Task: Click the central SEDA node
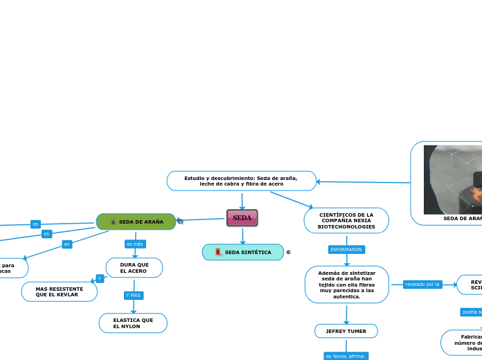(x=242, y=218)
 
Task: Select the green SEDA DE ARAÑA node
(x=136, y=222)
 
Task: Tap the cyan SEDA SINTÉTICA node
(x=243, y=252)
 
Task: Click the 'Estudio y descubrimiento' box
(x=241, y=181)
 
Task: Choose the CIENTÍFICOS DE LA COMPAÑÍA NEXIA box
(x=346, y=221)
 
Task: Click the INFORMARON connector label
(x=346, y=249)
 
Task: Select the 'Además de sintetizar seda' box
(x=346, y=285)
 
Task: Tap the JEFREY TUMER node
(x=346, y=331)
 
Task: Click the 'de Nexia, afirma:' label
(x=346, y=356)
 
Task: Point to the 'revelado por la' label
(x=422, y=284)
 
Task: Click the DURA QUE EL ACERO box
(x=134, y=267)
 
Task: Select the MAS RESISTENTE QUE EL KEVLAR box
(x=60, y=291)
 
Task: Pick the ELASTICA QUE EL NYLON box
(x=133, y=323)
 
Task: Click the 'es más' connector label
(x=135, y=244)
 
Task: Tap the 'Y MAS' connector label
(x=133, y=296)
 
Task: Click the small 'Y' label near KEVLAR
(x=100, y=278)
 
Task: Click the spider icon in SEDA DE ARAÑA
(x=113, y=222)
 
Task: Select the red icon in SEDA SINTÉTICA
(x=219, y=252)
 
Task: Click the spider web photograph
(x=453, y=179)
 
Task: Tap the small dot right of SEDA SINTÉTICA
(x=288, y=252)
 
